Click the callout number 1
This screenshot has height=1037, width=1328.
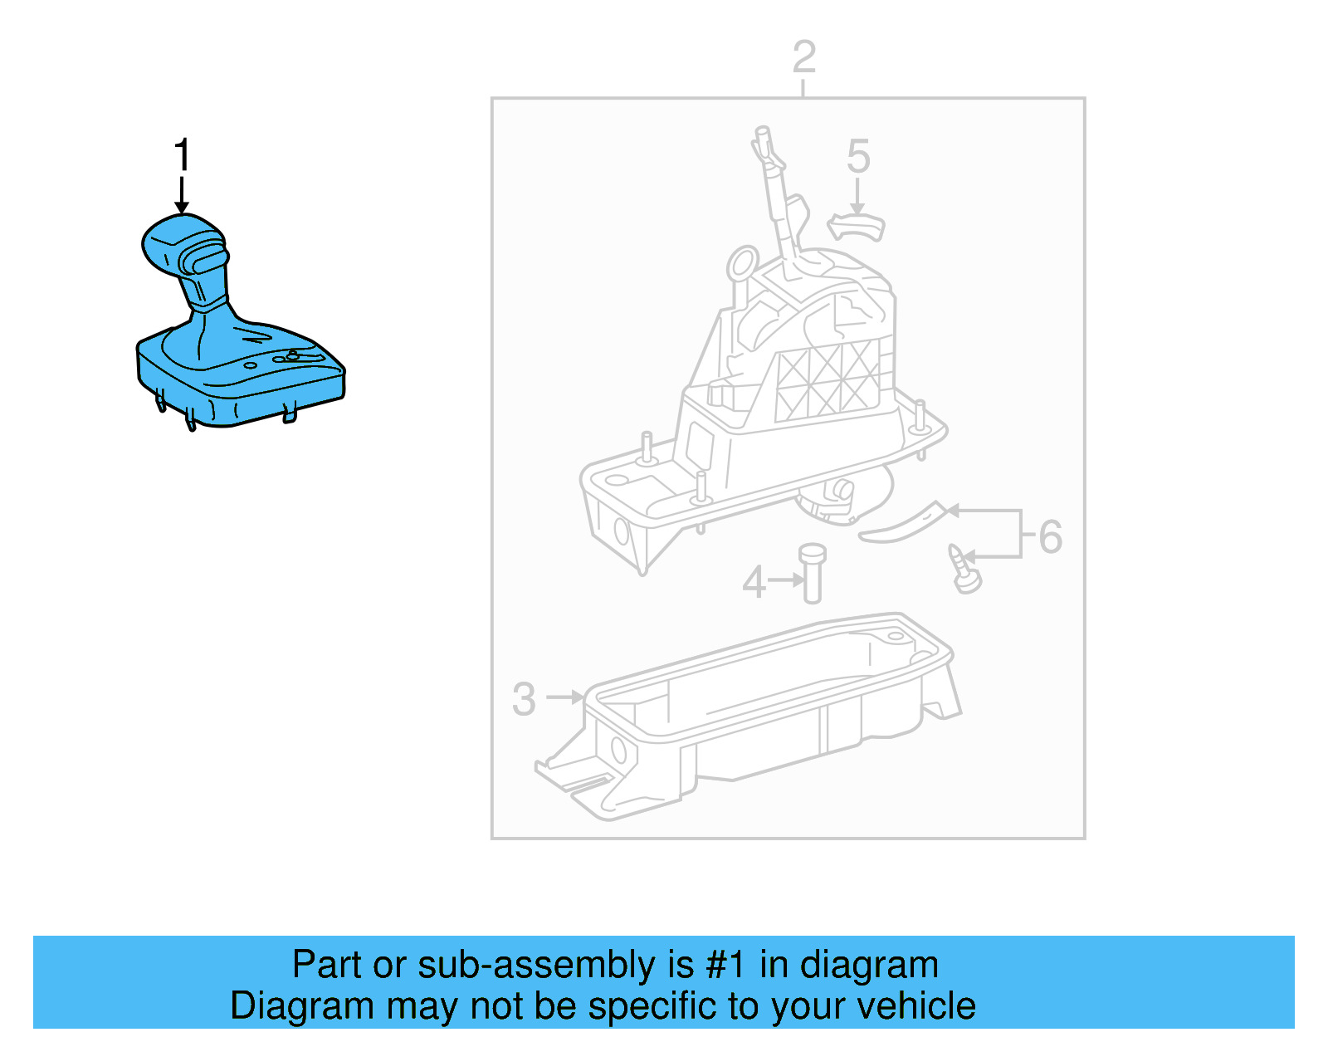(x=182, y=156)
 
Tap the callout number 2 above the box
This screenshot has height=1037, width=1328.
(x=803, y=58)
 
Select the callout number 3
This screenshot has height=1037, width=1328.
(x=524, y=699)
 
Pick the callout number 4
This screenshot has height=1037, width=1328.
(x=754, y=582)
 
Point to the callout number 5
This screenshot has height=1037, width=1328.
(x=858, y=157)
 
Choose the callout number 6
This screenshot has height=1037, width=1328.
(x=1050, y=536)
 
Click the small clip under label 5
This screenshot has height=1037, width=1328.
(x=857, y=226)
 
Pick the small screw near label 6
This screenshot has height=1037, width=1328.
(x=964, y=570)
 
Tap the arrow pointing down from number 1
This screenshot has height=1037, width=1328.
(x=182, y=196)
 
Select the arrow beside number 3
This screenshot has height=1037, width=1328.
(x=566, y=697)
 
